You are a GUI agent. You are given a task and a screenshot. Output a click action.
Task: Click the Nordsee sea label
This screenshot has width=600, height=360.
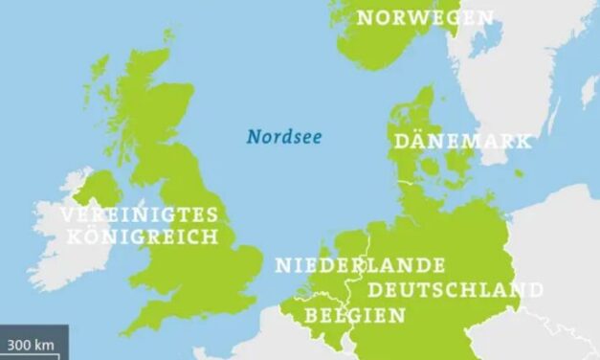click(x=283, y=137)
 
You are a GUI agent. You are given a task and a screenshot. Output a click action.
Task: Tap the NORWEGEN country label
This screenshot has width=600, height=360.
click(x=425, y=18)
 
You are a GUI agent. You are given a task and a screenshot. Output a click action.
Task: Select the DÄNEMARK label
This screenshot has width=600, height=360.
click(x=461, y=142)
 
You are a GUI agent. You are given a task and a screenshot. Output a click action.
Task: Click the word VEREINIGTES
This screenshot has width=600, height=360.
click(x=138, y=214)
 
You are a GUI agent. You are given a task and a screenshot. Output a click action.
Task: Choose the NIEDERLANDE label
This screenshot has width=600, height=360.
click(x=360, y=265)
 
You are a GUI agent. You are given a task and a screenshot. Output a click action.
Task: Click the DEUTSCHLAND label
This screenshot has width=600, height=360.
click(x=456, y=289)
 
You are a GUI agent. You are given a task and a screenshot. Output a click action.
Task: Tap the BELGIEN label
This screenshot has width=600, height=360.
click(x=354, y=315)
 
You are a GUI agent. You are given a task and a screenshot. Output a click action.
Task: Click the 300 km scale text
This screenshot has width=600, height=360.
click(x=32, y=345)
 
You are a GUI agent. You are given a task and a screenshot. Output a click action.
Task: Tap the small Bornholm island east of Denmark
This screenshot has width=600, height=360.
click(x=519, y=173)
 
